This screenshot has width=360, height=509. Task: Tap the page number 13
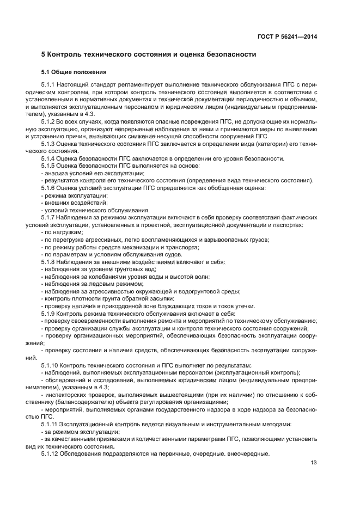tap(314, 463)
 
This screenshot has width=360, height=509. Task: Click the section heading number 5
tap(44, 55)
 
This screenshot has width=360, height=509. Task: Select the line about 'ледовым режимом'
tap(80, 284)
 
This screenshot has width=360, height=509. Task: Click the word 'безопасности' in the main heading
tap(224, 55)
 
